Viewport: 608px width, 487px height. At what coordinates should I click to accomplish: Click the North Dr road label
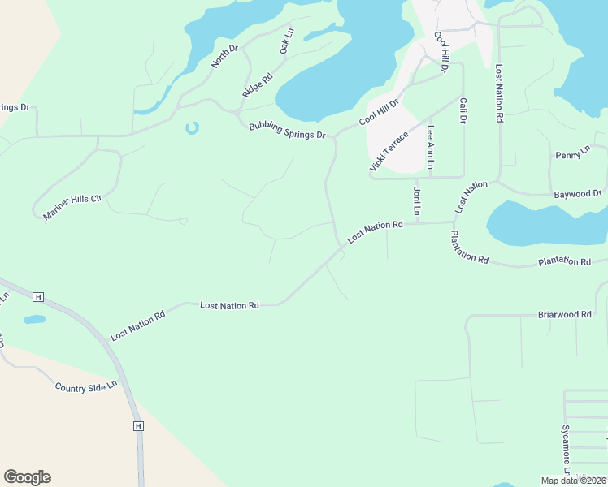pos(224,55)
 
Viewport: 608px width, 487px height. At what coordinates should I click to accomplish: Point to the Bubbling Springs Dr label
pos(287,129)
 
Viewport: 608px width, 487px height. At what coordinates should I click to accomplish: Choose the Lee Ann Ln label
pos(431,150)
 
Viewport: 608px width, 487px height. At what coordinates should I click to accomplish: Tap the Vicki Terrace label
pos(389,151)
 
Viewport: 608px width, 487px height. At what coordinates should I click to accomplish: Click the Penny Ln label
pos(573,153)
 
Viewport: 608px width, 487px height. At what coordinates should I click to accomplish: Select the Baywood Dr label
pos(577,194)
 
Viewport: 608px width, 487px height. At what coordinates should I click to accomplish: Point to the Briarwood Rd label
pos(564,314)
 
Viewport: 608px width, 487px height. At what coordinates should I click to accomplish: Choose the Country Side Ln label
pos(86,387)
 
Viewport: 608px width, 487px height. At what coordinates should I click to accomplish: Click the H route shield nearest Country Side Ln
pos(138,425)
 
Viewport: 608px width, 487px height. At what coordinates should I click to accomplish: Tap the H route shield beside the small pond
pos(38,296)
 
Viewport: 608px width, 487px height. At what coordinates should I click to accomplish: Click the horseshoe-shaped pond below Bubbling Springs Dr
pos(192,127)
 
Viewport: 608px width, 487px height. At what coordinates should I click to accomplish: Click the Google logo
pos(27,477)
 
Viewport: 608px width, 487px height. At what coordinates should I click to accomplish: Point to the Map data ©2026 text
pos(573,481)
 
